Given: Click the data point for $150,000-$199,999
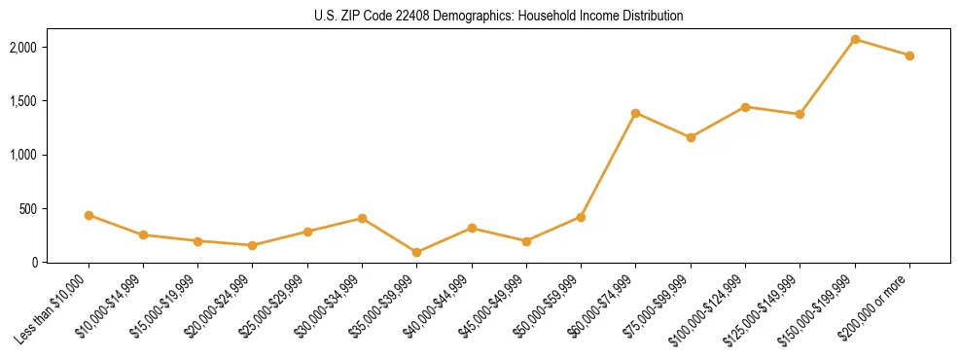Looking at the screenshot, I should click(855, 39).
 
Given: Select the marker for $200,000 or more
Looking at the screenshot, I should click(909, 55).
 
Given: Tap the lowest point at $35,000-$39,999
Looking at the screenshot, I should click(416, 252).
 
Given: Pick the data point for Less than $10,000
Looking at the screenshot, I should click(89, 215).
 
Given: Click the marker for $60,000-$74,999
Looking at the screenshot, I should click(635, 113).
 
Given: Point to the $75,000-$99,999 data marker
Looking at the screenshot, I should click(691, 137).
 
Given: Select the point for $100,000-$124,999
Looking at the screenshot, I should click(745, 107).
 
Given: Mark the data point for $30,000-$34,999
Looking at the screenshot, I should click(362, 218).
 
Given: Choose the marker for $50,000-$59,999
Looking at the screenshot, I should click(581, 217).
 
